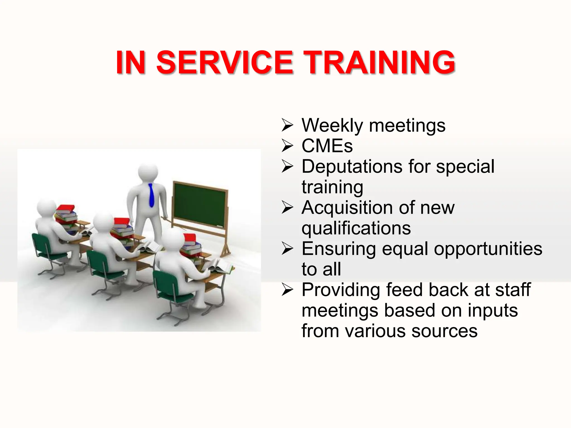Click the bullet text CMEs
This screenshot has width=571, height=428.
click(x=327, y=146)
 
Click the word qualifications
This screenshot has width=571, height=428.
click(x=356, y=228)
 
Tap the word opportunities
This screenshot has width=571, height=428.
click(x=488, y=249)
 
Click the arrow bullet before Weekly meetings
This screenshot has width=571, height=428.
click(x=287, y=125)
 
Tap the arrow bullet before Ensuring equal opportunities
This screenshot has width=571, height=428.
click(x=287, y=249)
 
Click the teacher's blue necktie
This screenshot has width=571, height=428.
click(x=151, y=195)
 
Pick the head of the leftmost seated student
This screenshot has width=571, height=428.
click(x=46, y=208)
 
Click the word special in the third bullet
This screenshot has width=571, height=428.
click(x=465, y=166)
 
